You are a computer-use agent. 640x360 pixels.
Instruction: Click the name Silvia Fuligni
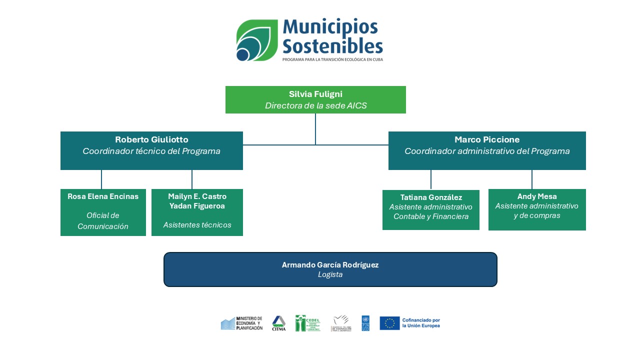pyautogui.click(x=315, y=94)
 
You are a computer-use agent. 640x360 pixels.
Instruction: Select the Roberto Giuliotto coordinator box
pyautogui.click(x=151, y=150)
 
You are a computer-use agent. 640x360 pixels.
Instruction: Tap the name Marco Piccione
pyautogui.click(x=486, y=139)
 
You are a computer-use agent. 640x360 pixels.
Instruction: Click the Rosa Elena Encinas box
pyautogui.click(x=103, y=212)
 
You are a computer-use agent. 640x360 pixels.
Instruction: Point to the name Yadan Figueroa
pyautogui.click(x=197, y=205)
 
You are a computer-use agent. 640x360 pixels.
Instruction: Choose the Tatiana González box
pyautogui.click(x=430, y=209)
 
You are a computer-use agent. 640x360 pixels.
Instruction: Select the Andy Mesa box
pyautogui.click(x=536, y=209)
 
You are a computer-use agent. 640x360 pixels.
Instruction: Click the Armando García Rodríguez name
pyautogui.click(x=330, y=265)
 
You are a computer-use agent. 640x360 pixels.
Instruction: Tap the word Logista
pyautogui.click(x=330, y=274)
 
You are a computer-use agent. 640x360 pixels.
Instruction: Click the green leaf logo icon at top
pyautogui.click(x=256, y=40)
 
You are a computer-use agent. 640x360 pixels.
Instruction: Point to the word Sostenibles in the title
pyautogui.click(x=332, y=46)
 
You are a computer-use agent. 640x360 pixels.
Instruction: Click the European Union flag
pyautogui.click(x=389, y=323)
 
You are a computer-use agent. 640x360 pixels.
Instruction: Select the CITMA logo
pyautogui.click(x=278, y=323)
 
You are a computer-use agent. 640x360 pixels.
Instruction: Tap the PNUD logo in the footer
pyautogui.click(x=365, y=323)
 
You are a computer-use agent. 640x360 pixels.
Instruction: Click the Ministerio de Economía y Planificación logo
pyautogui.click(x=241, y=323)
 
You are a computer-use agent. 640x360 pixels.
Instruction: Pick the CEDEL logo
pyautogui.click(x=307, y=323)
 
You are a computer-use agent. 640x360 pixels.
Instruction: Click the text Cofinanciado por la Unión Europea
pyautogui.click(x=421, y=323)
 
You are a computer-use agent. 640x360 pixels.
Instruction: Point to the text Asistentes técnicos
pyautogui.click(x=197, y=225)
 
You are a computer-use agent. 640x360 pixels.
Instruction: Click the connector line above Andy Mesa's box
pyautogui.click(x=531, y=179)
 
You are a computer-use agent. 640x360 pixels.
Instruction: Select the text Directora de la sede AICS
pyautogui.click(x=315, y=105)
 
